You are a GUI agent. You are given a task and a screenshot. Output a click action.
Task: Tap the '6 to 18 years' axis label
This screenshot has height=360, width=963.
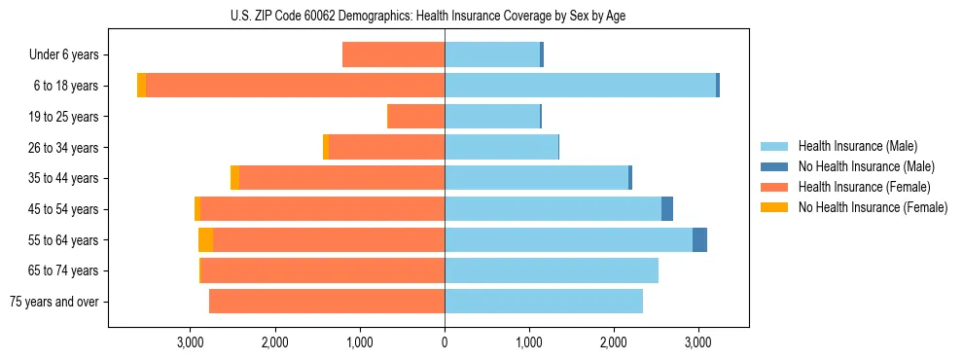pyautogui.click(x=66, y=86)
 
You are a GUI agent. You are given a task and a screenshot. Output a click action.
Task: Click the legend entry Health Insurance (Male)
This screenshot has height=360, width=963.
pyautogui.click(x=857, y=146)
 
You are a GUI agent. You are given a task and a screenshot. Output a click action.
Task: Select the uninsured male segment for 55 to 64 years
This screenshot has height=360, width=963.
pyautogui.click(x=699, y=240)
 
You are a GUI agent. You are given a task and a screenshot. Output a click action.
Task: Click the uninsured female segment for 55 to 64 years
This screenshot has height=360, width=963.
pyautogui.click(x=205, y=240)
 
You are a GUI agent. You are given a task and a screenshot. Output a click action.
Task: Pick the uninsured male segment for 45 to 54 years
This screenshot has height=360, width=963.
pyautogui.click(x=667, y=209)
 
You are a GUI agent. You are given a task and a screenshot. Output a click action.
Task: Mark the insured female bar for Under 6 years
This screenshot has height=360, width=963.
pyautogui.click(x=393, y=54)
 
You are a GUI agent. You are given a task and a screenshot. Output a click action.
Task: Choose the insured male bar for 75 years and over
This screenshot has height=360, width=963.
pyautogui.click(x=544, y=302)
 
